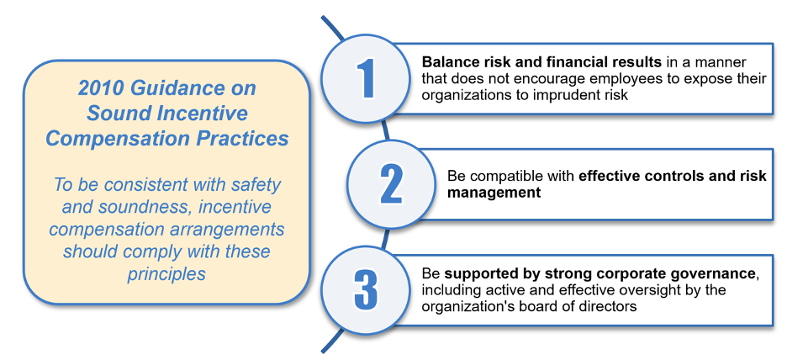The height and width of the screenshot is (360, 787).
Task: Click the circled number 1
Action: [x=366, y=78]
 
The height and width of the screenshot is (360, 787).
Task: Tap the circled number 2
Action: [x=392, y=183]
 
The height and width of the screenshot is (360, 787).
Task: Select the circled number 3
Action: [x=366, y=289]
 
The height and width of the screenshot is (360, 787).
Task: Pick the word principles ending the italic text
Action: [x=166, y=274]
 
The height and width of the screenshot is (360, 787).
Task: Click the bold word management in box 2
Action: [x=494, y=193]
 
